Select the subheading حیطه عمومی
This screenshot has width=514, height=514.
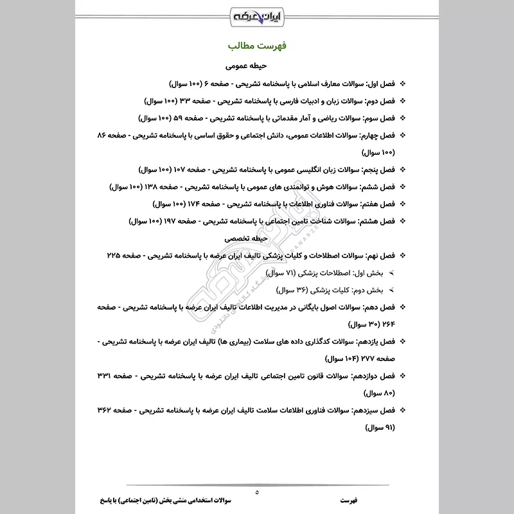[257, 66]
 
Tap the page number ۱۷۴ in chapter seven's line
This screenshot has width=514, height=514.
[197, 204]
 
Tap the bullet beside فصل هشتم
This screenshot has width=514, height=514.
[403, 221]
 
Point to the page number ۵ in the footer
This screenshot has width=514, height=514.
[257, 493]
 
